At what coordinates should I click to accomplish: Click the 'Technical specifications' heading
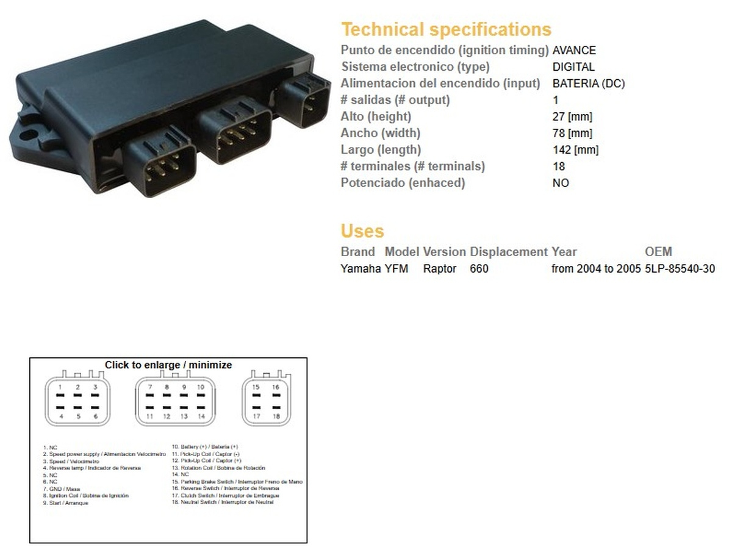(x=446, y=29)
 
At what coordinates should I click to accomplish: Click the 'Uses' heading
(x=362, y=231)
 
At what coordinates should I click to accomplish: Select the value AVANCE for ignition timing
(x=574, y=51)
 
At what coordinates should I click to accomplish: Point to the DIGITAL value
(x=573, y=67)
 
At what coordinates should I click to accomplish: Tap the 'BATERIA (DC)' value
(x=589, y=84)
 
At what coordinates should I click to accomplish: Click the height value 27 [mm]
(x=572, y=116)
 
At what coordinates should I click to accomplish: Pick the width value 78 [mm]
(x=572, y=133)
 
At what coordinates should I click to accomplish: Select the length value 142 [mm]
(x=575, y=149)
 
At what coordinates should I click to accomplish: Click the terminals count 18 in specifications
(x=559, y=166)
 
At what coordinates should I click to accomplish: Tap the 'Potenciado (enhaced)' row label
(x=403, y=182)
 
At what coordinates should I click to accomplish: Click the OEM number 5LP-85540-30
(x=680, y=268)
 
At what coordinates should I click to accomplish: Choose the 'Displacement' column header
(x=509, y=251)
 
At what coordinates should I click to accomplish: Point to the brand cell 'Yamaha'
(x=361, y=268)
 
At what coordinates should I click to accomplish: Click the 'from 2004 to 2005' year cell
(x=596, y=268)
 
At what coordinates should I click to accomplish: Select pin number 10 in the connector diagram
(x=201, y=387)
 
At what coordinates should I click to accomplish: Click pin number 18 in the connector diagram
(x=276, y=417)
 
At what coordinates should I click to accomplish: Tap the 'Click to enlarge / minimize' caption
(x=168, y=365)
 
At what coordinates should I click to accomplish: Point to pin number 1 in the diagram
(x=60, y=387)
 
